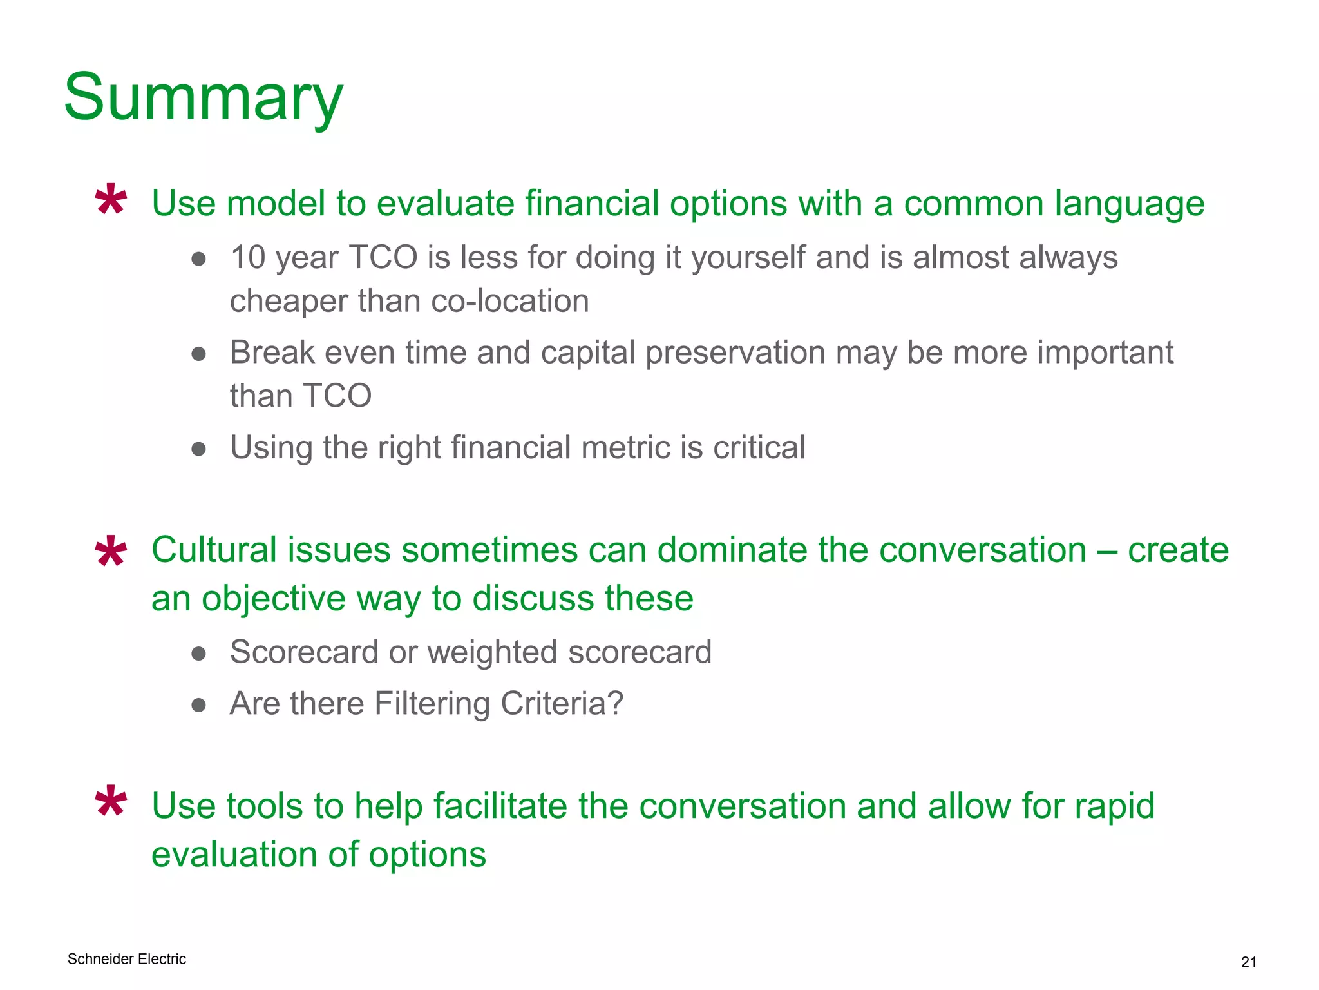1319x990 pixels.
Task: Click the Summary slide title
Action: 204,98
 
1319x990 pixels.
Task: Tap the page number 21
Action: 1248,962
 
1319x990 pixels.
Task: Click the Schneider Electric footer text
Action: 127,959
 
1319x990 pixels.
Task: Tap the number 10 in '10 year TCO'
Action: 248,258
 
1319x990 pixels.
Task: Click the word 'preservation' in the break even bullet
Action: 735,353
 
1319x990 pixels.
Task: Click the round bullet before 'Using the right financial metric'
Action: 198,449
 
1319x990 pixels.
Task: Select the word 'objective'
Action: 274,599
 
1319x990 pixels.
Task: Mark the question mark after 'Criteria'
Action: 616,703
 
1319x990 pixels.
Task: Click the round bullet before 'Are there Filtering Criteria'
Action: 198,704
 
